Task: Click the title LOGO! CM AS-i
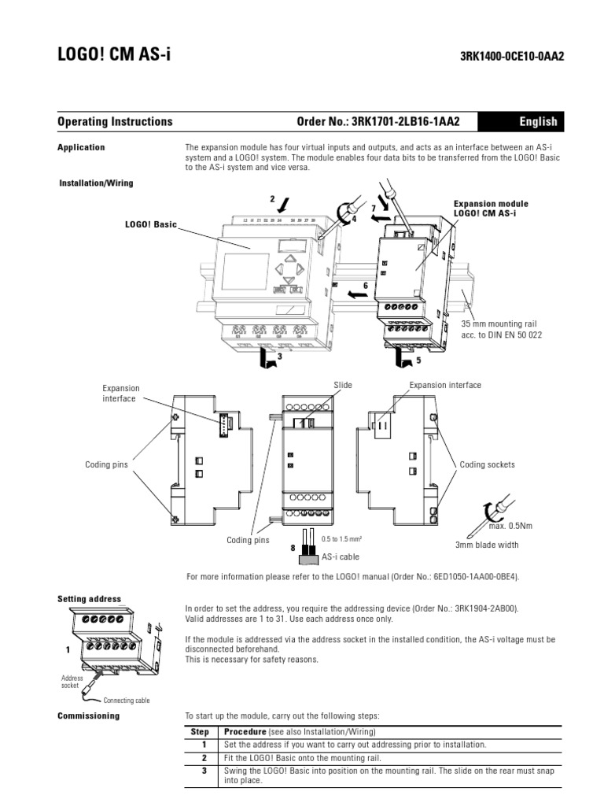pos(114,54)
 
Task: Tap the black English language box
pos(538,122)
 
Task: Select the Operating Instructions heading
pos(115,122)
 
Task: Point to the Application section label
pos(81,147)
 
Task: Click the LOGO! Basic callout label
pos(151,224)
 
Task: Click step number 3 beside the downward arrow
pos(278,357)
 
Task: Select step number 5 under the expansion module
pos(418,360)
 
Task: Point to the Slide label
pos(343,385)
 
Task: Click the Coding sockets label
pos(488,464)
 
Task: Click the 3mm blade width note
pos(487,544)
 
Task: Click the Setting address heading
pos(89,599)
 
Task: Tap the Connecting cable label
pos(127,700)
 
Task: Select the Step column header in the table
pos(201,731)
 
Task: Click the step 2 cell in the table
pos(203,757)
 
